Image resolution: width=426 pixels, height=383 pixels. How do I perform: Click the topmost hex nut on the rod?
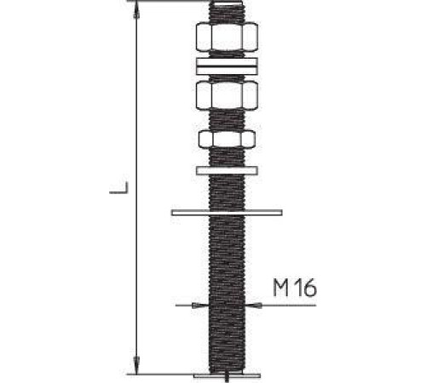coord(227,37)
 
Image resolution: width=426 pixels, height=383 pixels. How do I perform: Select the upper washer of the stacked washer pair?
coord(227,62)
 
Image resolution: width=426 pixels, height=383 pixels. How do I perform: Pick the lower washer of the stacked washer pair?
coord(227,71)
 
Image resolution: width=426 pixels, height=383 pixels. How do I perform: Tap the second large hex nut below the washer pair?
coord(227,95)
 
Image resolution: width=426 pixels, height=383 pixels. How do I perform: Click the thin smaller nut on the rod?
coord(227,139)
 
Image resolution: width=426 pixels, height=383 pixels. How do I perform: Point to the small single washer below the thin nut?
coord(227,170)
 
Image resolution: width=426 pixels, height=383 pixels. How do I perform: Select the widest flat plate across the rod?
coord(227,213)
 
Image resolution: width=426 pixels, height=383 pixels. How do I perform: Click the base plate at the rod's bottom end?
coord(227,375)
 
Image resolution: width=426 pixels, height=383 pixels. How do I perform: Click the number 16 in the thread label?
coord(308,288)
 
